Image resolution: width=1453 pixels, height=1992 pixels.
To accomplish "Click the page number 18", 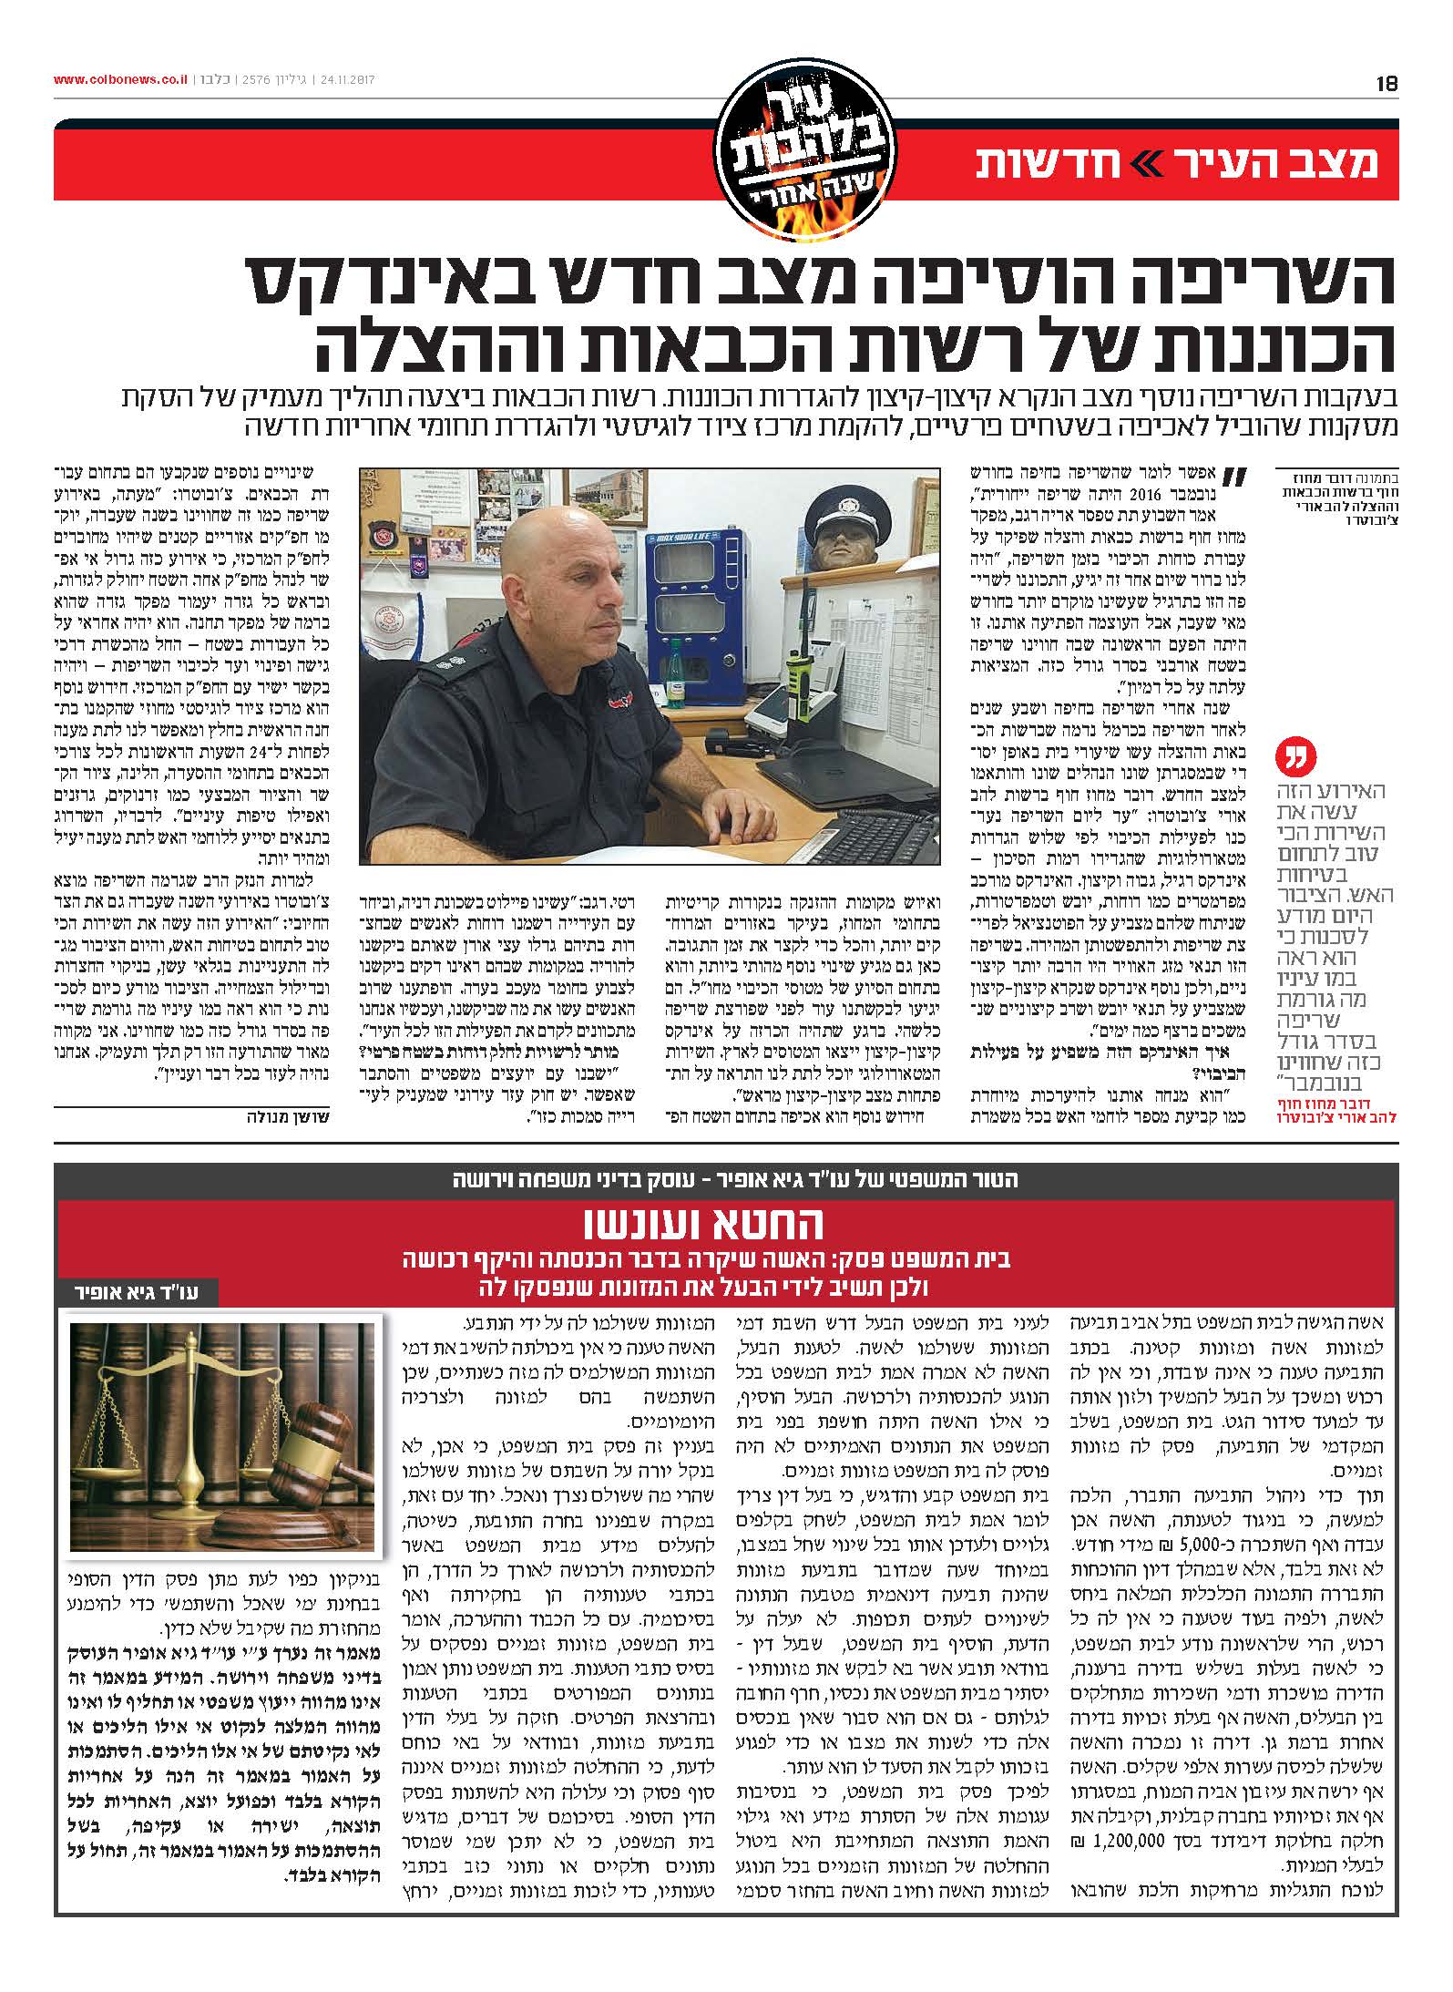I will click(x=1386, y=83).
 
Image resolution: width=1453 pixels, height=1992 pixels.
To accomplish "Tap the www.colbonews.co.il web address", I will click(x=120, y=80).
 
